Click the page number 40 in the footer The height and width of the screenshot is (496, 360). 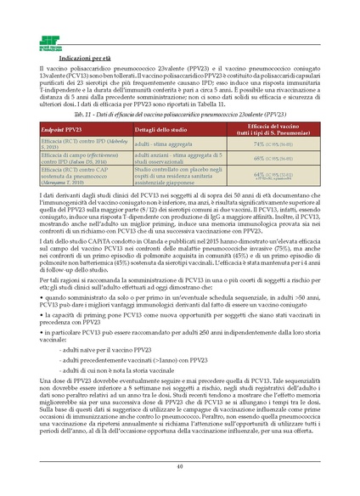tap(180, 465)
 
